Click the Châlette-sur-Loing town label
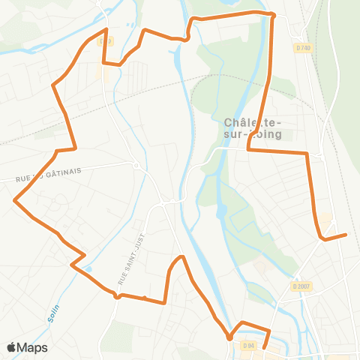click(x=253, y=128)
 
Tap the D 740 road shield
click(x=302, y=47)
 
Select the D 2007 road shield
click(x=301, y=286)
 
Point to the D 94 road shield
click(x=249, y=345)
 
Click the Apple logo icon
click(x=11, y=347)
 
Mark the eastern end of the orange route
click(x=346, y=235)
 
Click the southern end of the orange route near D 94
click(x=264, y=348)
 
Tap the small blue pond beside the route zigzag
click(x=88, y=269)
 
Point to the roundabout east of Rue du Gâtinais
click(x=136, y=165)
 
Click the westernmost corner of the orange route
click(x=14, y=200)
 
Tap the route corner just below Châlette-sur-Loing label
click(x=248, y=150)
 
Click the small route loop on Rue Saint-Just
click(x=117, y=296)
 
